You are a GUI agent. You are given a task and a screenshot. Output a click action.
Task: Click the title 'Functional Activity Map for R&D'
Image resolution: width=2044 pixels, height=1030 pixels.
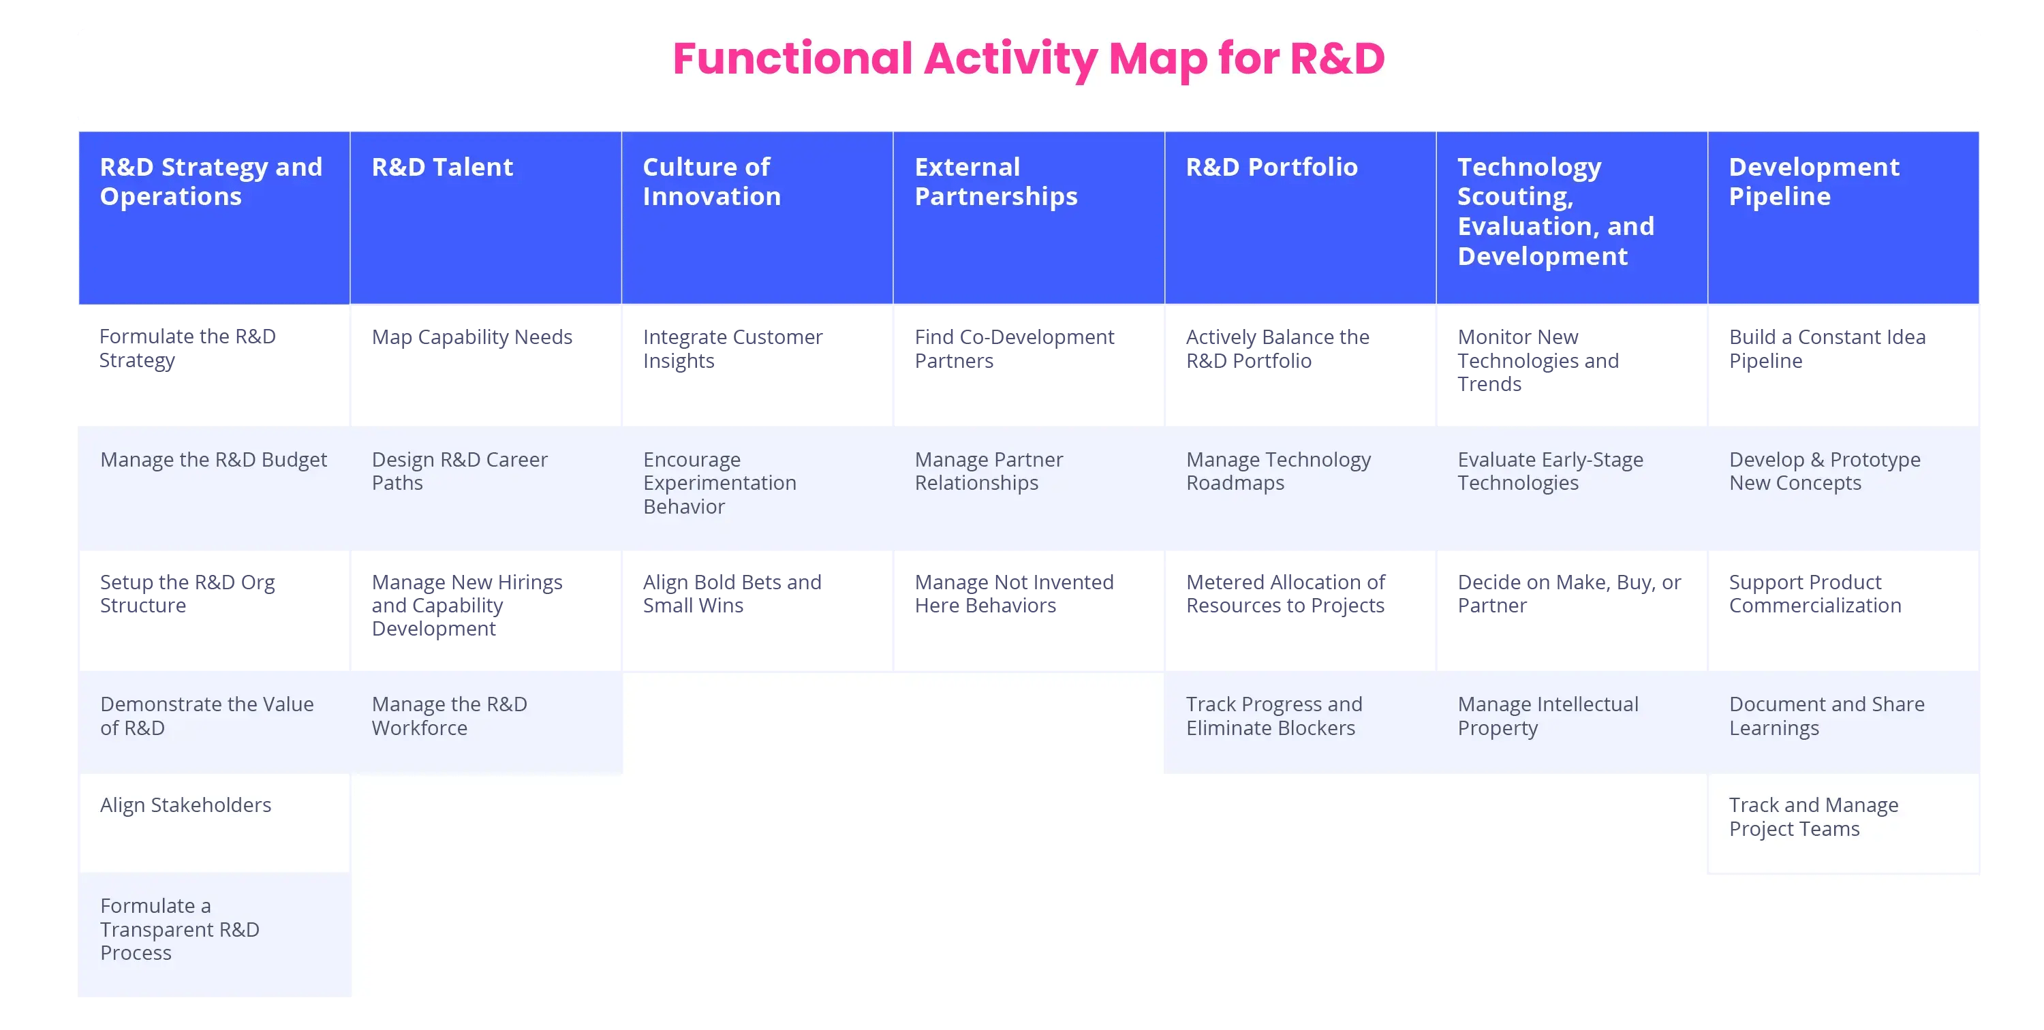(1028, 59)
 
